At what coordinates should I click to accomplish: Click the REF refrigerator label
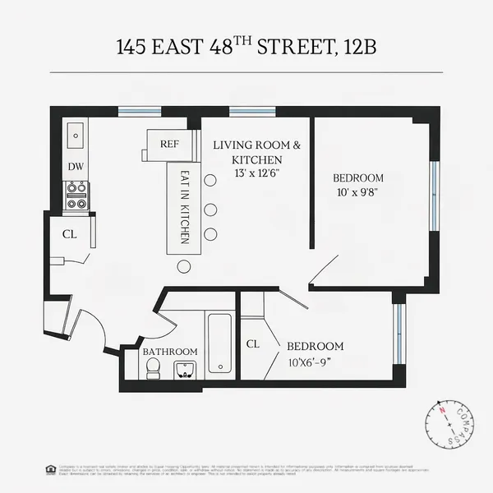169,144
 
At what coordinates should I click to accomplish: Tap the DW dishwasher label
76,167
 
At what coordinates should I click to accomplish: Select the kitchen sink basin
76,132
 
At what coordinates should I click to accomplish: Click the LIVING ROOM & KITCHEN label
256,152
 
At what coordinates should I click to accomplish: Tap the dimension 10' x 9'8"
357,193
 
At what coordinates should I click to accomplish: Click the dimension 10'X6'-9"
315,362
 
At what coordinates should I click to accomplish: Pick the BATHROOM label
170,352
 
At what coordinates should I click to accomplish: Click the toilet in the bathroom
152,371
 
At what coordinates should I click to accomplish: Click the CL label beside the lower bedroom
253,344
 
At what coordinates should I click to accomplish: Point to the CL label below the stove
70,234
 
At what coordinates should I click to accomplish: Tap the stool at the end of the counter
183,266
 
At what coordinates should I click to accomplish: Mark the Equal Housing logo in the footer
52,468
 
